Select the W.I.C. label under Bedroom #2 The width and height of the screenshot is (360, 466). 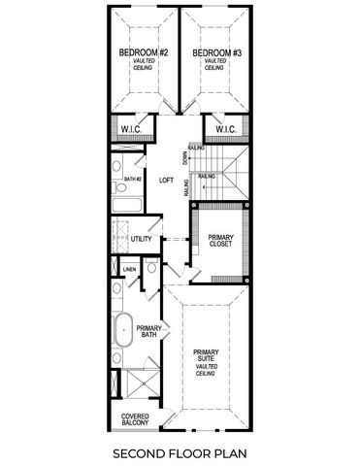(129, 129)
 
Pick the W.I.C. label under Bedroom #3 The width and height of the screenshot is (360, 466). (226, 129)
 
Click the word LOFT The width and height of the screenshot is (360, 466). (166, 180)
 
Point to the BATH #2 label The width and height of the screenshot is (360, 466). (133, 180)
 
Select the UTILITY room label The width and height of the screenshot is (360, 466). (142, 238)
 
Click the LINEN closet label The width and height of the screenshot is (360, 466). (129, 270)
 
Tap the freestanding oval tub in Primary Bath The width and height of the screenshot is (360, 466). (123, 331)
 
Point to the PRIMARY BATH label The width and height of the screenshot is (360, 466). (148, 331)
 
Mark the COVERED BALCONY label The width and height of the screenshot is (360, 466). (135, 419)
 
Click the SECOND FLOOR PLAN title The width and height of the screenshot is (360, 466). (180, 452)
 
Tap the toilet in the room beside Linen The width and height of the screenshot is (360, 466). (152, 268)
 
